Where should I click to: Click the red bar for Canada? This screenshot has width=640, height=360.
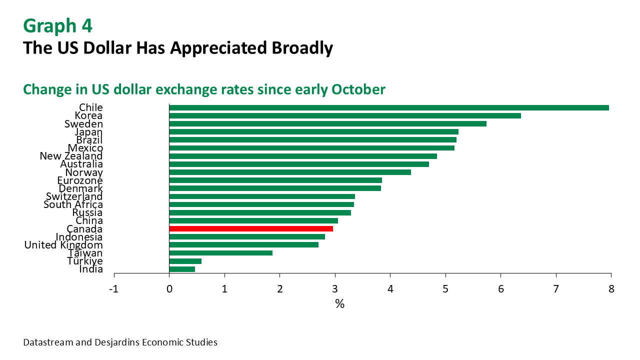click(251, 229)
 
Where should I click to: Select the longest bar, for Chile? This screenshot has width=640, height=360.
click(389, 107)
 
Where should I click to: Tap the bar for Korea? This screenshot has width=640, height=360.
click(345, 115)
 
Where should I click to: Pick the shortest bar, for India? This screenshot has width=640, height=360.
click(182, 269)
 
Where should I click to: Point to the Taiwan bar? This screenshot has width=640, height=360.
click(221, 253)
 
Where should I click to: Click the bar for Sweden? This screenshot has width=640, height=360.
click(328, 123)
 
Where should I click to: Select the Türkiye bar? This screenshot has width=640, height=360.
click(185, 261)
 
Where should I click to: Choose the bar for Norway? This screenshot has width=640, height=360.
click(290, 172)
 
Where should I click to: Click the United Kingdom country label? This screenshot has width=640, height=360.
click(63, 245)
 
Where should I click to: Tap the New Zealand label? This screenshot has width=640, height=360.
click(71, 156)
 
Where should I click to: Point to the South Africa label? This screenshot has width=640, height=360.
click(73, 204)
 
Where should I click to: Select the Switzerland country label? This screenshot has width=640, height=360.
click(74, 196)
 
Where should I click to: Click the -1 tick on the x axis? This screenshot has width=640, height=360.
click(114, 289)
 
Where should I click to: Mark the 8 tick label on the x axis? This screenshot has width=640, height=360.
click(610, 289)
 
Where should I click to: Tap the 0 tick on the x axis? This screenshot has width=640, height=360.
click(169, 289)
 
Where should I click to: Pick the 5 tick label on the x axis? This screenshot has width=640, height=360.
click(445, 289)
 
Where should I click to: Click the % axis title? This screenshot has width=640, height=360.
click(339, 304)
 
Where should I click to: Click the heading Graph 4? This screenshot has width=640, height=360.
click(57, 25)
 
